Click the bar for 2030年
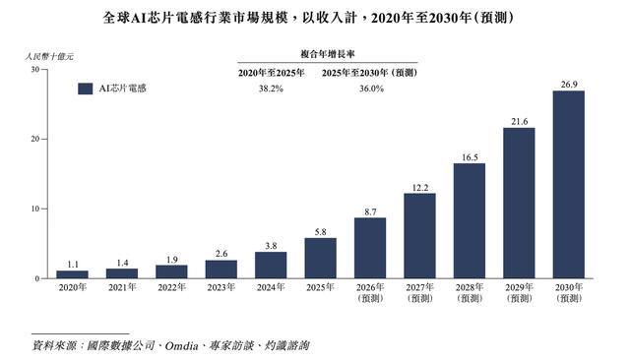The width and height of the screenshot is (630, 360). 569,185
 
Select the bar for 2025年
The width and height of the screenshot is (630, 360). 321,258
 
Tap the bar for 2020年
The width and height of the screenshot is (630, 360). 72,274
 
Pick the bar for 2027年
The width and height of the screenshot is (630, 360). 420,236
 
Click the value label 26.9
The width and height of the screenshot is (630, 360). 569,85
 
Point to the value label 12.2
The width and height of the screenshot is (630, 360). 420,188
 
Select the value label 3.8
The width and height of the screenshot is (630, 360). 272,246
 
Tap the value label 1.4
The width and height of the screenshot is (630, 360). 122,263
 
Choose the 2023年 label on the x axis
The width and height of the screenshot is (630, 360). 221,287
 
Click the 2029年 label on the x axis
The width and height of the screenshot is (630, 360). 519,293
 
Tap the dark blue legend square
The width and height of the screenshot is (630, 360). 86,89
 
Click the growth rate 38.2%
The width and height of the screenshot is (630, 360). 271,89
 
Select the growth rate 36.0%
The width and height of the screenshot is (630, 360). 371,89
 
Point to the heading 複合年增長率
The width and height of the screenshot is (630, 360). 328,54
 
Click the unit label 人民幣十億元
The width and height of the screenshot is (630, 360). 49,57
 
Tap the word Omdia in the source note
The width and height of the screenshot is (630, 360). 181,345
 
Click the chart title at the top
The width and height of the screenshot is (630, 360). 308,18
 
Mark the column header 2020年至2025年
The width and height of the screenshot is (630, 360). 272,73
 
